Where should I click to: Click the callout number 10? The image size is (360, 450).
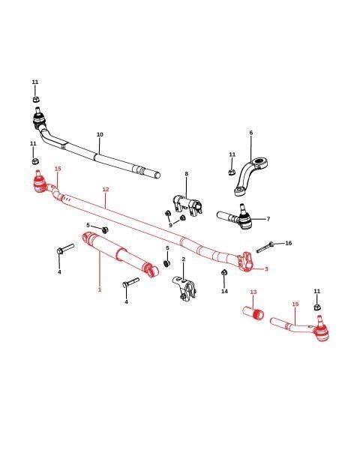click(100, 134)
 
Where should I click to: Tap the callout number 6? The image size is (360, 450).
click(251, 133)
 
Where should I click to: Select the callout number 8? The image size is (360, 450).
click(186, 174)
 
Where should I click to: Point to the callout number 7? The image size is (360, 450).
click(268, 219)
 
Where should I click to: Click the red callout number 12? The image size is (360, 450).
click(106, 190)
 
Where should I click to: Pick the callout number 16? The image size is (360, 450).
click(288, 243)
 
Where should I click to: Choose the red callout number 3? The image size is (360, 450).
click(266, 269)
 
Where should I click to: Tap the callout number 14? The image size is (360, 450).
click(224, 291)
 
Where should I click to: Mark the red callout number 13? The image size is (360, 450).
click(253, 292)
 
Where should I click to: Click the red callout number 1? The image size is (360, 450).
click(100, 289)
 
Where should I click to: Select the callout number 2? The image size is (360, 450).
click(184, 259)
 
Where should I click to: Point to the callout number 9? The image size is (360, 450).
click(170, 225)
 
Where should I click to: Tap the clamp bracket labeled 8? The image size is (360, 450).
click(187, 203)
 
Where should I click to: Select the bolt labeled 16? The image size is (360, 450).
click(265, 247)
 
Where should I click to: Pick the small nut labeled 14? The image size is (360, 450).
click(224, 272)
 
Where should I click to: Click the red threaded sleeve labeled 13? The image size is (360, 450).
click(253, 313)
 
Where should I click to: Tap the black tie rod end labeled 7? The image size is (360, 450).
click(235, 218)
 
